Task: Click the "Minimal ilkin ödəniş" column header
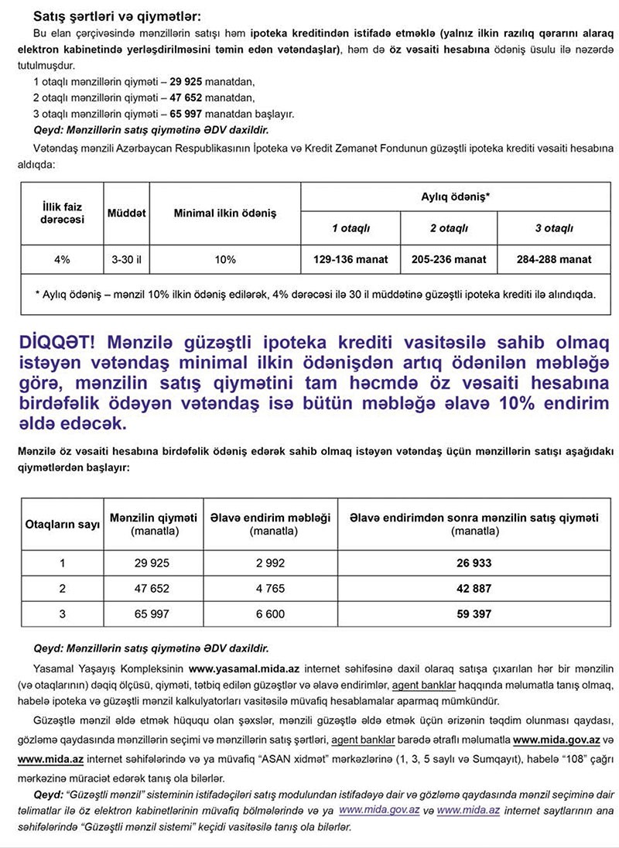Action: point(224,213)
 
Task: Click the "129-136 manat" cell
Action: point(350,259)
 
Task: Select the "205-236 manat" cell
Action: point(450,259)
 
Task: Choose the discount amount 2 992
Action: point(270,563)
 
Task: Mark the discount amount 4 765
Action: point(270,589)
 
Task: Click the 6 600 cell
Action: point(270,614)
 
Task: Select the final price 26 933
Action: point(474,563)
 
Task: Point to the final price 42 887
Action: point(474,589)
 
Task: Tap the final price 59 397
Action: point(474,614)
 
